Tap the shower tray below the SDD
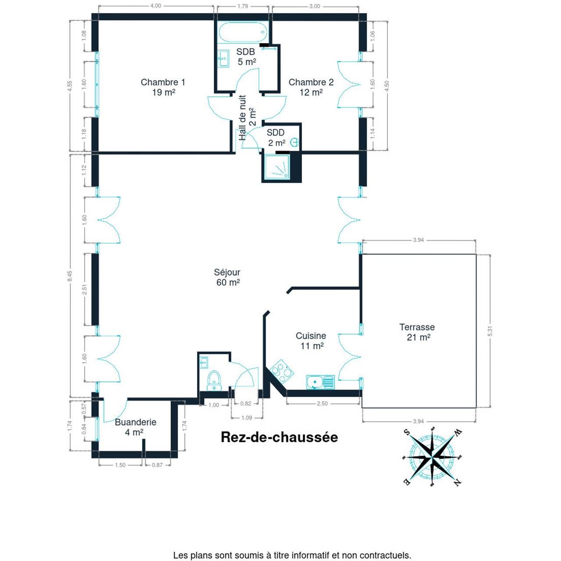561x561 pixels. (277, 167)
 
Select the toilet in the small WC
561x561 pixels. (214, 380)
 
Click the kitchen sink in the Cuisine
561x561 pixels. (320, 382)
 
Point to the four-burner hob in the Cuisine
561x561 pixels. (281, 371)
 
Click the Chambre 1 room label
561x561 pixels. (163, 87)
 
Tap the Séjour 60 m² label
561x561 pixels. (227, 277)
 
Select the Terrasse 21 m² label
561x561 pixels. (417, 332)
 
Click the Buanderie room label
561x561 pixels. (135, 427)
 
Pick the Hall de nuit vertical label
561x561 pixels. (248, 117)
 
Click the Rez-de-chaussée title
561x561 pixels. (279, 437)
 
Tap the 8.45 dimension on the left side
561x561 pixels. (70, 276)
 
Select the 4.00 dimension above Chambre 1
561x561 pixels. (156, 6)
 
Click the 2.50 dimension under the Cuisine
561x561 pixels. (322, 404)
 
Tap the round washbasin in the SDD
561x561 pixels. (295, 142)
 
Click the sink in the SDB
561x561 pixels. (224, 59)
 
